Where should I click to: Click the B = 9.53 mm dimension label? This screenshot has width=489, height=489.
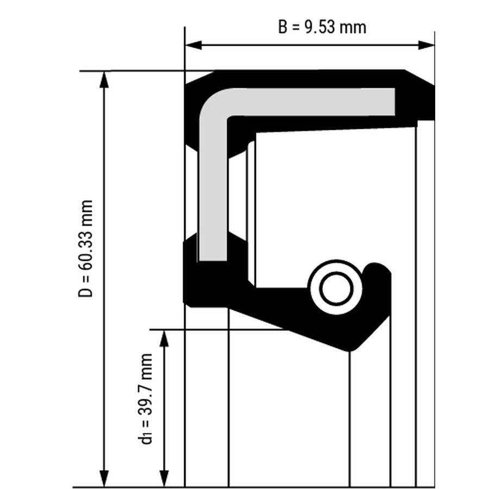pyautogui.click(x=322, y=27)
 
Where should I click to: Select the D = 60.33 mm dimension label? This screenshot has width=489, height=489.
pyautogui.click(x=85, y=248)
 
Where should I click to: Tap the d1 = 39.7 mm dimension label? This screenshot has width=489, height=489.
pyautogui.click(x=145, y=399)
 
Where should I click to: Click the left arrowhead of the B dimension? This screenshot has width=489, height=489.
pyautogui.click(x=193, y=45)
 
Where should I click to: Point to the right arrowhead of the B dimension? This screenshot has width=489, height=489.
pyautogui.click(x=426, y=45)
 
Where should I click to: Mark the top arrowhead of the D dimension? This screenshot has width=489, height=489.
pyautogui.click(x=104, y=79)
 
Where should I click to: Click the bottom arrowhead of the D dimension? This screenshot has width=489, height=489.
pyautogui.click(x=104, y=478)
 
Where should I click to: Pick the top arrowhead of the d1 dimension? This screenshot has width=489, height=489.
pyautogui.click(x=164, y=338)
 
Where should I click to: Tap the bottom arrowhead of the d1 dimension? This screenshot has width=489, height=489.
pyautogui.click(x=164, y=478)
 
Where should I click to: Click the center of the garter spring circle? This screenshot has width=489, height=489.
pyautogui.click(x=336, y=288)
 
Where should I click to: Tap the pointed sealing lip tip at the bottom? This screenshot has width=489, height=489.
pyautogui.click(x=349, y=350)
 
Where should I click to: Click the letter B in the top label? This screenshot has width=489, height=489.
pyautogui.click(x=282, y=27)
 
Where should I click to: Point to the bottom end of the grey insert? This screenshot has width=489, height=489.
pyautogui.click(x=214, y=260)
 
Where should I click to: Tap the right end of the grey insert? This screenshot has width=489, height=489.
pyautogui.click(x=394, y=102)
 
